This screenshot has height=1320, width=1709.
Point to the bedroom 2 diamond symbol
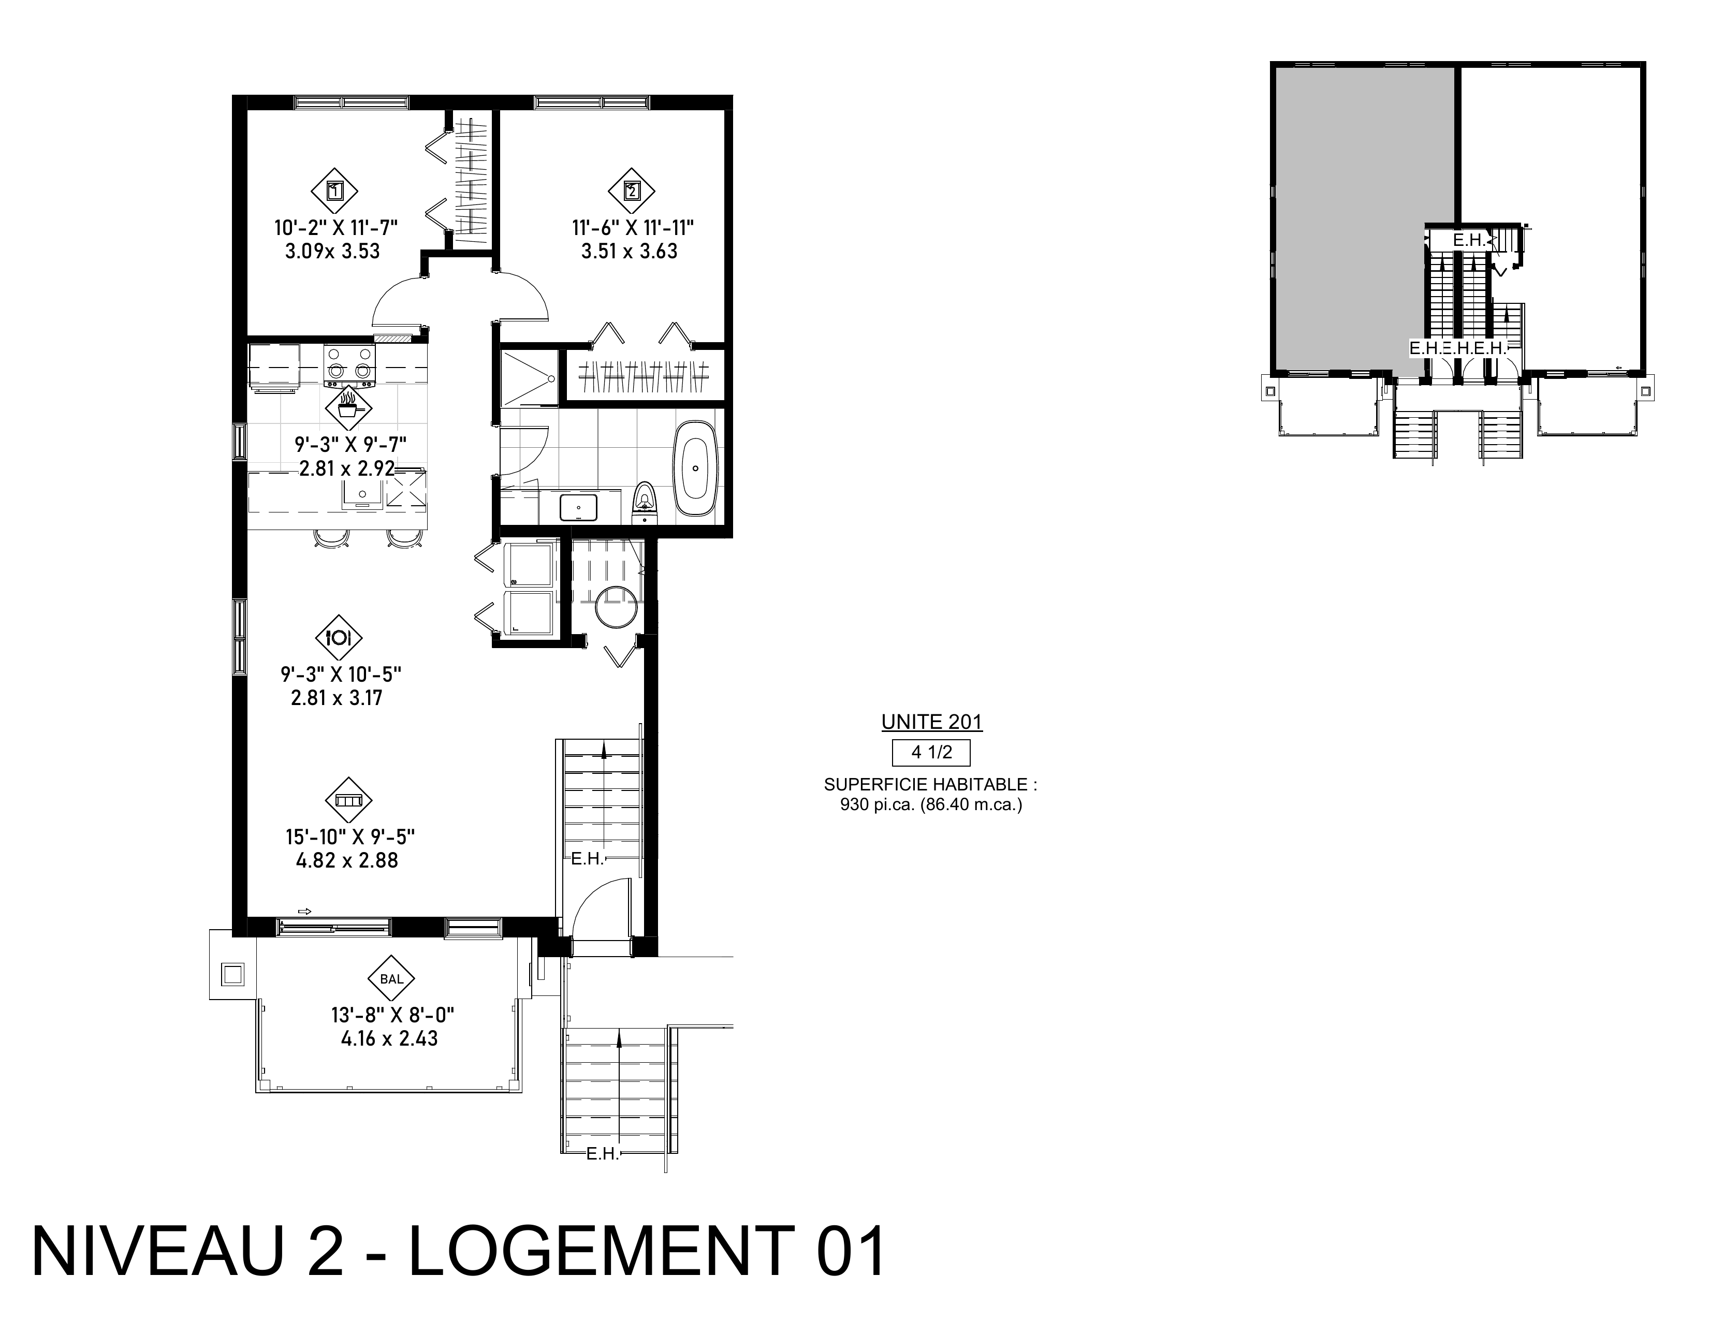point(632,190)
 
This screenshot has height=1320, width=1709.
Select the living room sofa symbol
point(348,800)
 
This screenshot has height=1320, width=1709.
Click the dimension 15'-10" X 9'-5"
point(350,837)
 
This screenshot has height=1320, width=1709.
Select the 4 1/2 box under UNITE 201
point(931,753)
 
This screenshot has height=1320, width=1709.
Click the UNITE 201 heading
point(931,722)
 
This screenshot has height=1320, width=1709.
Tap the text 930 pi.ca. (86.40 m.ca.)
point(931,804)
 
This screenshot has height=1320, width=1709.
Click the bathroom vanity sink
point(578,507)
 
